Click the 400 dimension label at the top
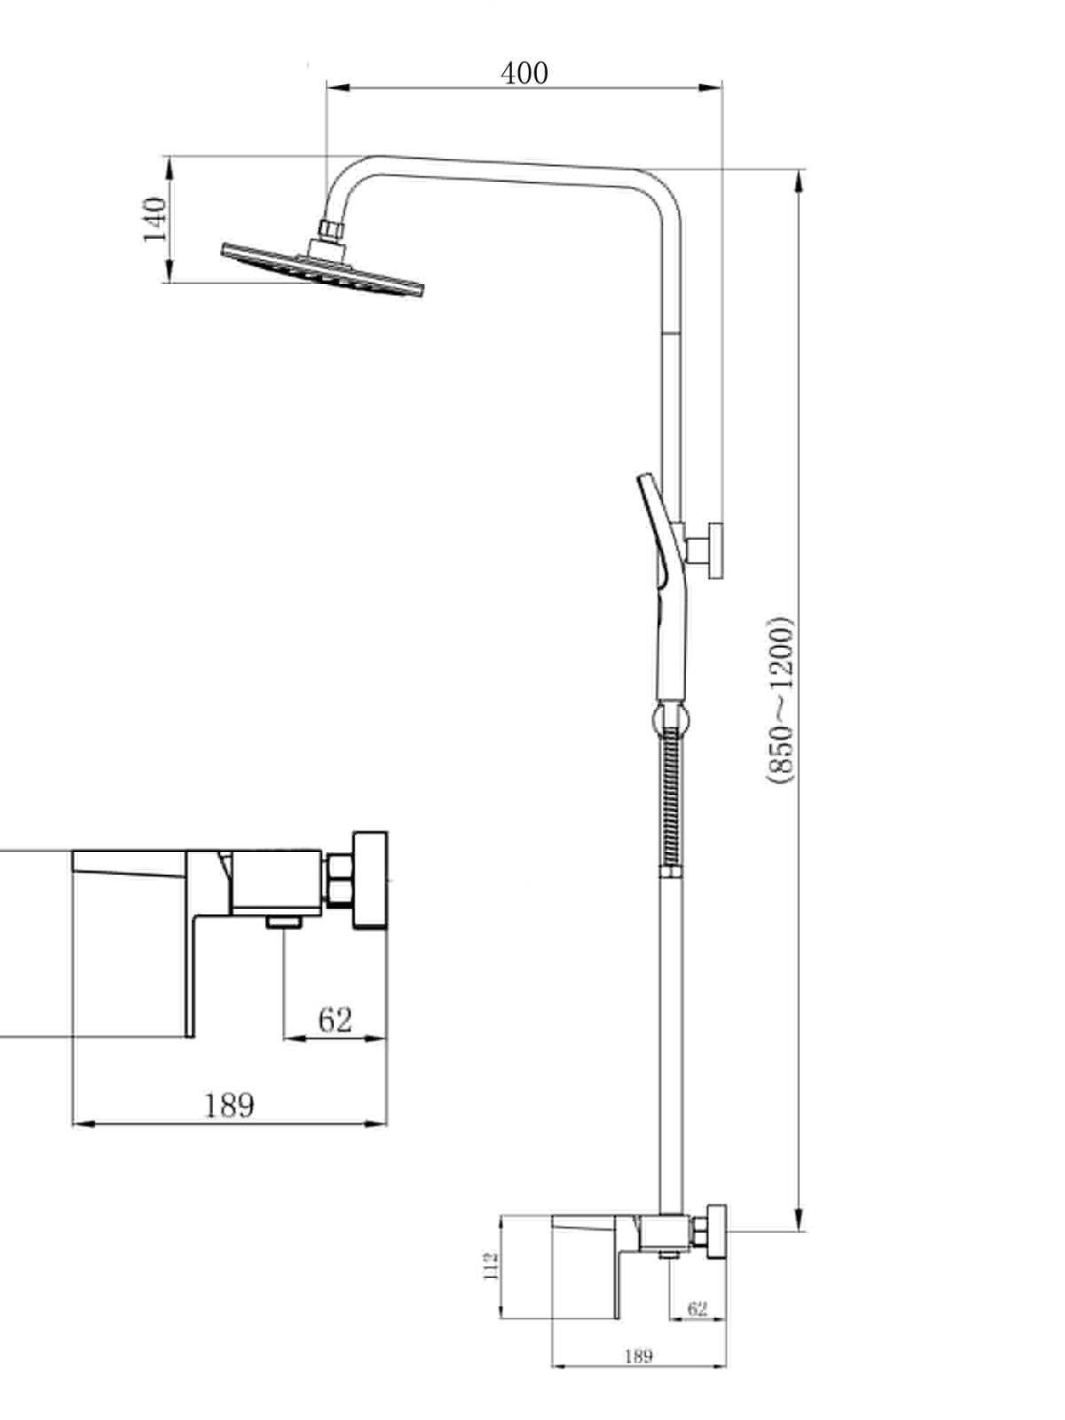[525, 73]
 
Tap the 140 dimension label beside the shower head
[155, 220]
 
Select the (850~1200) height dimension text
[779, 700]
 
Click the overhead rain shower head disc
[323, 270]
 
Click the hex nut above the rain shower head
[332, 230]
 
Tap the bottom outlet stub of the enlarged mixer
[284, 921]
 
